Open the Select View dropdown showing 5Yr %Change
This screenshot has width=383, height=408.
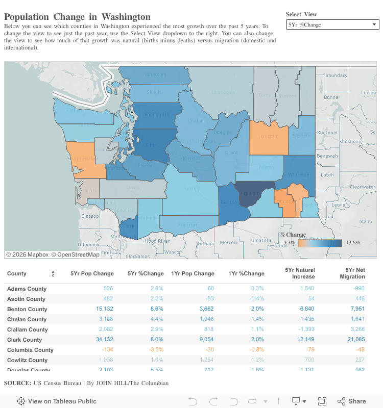332,24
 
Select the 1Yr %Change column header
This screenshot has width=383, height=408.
247,273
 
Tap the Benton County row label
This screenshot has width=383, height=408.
27,309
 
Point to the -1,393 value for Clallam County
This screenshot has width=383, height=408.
303,329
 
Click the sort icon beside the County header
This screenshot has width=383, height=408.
53,274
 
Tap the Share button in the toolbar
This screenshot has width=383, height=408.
352,401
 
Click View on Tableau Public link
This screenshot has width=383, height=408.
57,401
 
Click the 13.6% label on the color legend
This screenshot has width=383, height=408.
353,243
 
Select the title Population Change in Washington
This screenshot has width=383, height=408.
77,17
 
